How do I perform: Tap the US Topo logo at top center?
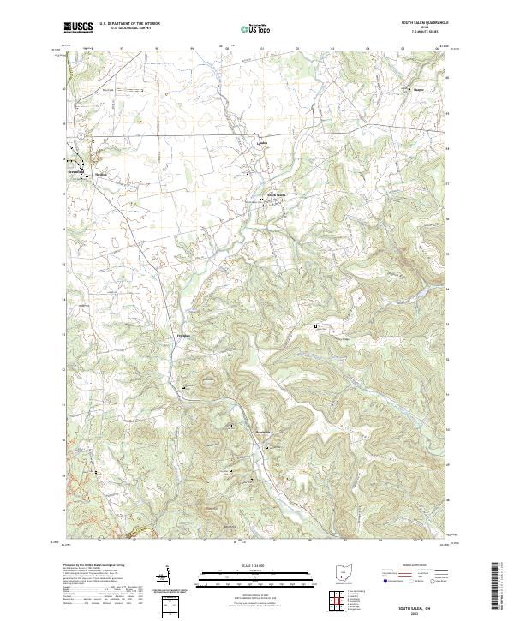tap(248, 29)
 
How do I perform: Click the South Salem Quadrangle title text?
tap(425, 22)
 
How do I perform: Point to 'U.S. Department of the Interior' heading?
tap(129, 24)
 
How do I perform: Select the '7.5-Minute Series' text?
tap(425, 33)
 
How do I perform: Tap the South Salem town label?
tap(276, 194)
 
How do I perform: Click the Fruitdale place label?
tap(184, 335)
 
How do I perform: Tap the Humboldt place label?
tap(264, 433)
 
